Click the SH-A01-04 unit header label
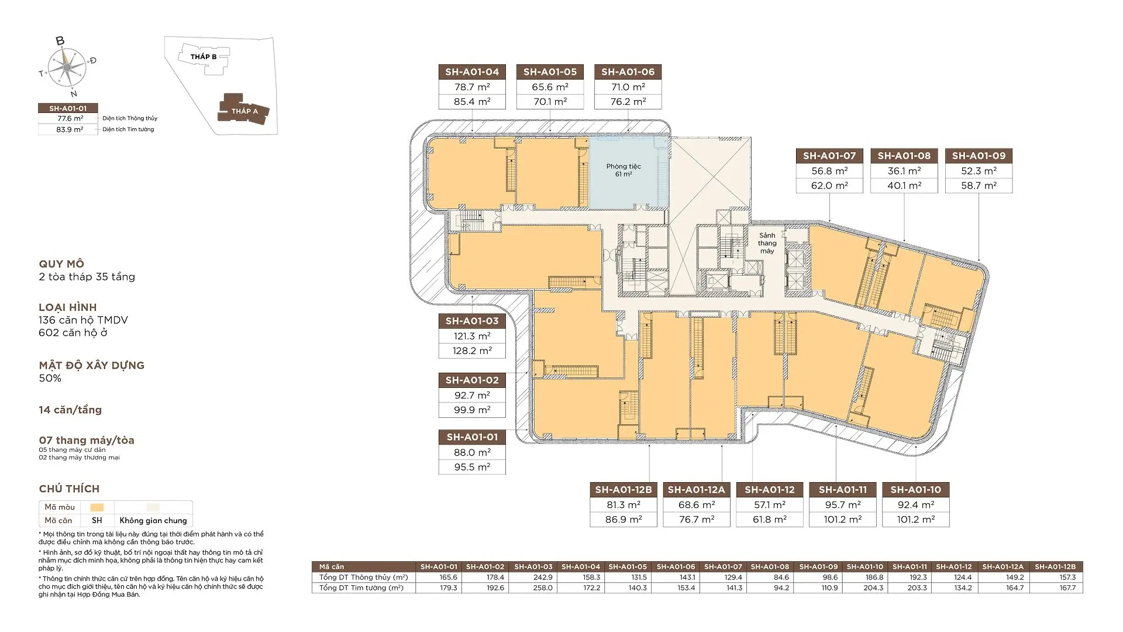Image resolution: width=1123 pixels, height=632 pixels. point(472,72)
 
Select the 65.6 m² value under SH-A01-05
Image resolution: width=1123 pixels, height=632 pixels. point(550,87)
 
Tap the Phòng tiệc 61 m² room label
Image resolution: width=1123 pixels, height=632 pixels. point(623,170)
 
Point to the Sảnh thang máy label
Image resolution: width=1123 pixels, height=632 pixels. point(767,243)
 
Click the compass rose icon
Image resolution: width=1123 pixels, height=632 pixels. point(67,67)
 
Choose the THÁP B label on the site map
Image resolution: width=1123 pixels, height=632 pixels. point(204,57)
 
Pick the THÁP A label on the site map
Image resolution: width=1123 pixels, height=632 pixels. point(244,111)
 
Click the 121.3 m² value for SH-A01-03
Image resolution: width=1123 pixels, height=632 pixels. point(472,336)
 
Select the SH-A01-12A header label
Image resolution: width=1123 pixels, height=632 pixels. point(696,490)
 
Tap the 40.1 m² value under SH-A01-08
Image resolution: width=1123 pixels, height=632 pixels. point(904,186)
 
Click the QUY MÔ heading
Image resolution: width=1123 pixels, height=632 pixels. point(61,264)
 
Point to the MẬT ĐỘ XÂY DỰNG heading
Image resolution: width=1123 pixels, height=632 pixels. point(92,365)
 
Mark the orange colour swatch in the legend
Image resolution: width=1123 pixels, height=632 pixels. point(97,507)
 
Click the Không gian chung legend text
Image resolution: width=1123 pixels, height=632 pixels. point(153,520)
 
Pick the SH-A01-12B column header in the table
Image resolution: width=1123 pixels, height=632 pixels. point(1055,566)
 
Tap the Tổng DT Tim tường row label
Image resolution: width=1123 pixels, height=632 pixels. point(361,588)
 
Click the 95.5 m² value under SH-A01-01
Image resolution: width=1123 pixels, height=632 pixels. point(472,467)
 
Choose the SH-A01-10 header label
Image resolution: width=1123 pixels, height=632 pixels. point(916,490)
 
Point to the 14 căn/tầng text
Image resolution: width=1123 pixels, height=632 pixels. point(70,410)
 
